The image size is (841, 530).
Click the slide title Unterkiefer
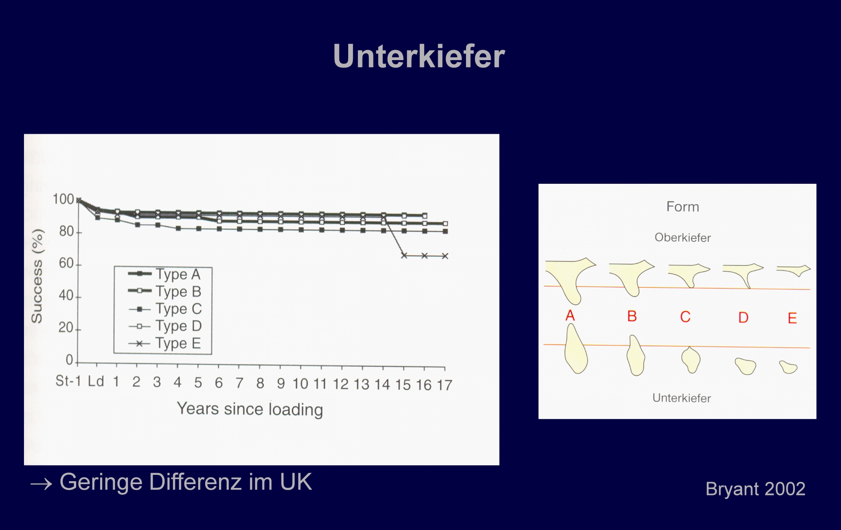click(x=419, y=56)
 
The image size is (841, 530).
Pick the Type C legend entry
click(x=165, y=309)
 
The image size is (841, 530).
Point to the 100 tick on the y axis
click(x=63, y=199)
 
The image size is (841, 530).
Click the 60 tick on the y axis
click(x=66, y=264)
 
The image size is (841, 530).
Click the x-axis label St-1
click(x=68, y=381)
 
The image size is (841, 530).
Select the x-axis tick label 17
click(x=444, y=385)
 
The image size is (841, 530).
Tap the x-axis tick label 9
click(x=281, y=384)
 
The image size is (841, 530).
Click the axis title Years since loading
click(x=250, y=409)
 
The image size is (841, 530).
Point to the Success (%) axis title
click(x=37, y=276)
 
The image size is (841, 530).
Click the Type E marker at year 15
click(x=404, y=255)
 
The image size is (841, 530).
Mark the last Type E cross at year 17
click(x=445, y=256)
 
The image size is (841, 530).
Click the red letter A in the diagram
click(x=570, y=315)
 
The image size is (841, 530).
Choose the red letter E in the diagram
click(x=792, y=318)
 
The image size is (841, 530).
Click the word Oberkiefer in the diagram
click(x=682, y=238)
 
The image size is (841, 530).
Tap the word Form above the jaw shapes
click(x=682, y=207)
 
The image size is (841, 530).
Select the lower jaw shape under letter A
click(x=575, y=349)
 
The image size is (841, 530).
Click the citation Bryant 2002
click(x=755, y=489)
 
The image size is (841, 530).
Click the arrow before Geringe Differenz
click(x=41, y=485)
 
